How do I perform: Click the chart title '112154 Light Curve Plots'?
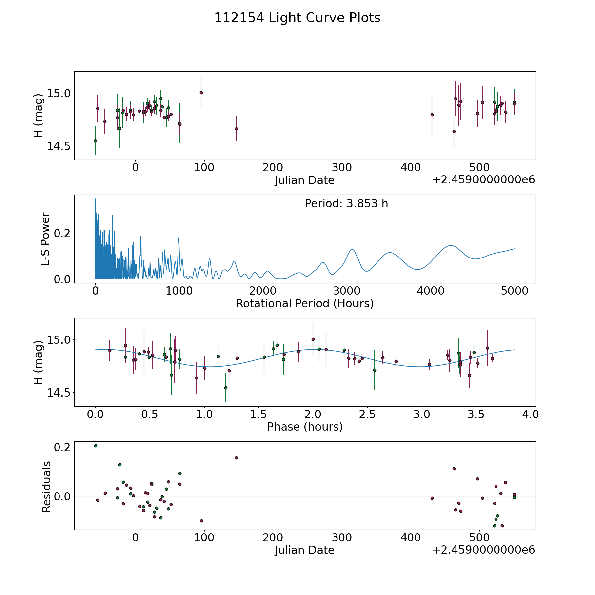297,18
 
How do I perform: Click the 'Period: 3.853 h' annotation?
346,204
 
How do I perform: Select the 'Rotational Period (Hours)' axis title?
304,303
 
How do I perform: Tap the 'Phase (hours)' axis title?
305,427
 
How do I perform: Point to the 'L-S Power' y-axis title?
46,239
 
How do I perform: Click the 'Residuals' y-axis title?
46,487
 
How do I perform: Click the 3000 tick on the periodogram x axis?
347,291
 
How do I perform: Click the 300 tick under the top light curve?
342,168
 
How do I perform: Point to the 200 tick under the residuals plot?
273,537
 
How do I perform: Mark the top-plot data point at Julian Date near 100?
201,93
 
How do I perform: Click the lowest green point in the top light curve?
95,141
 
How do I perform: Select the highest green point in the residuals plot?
96,446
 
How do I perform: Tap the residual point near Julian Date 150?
236,458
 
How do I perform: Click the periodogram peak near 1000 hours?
179,238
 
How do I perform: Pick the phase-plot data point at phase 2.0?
313,339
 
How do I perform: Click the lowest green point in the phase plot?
226,388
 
